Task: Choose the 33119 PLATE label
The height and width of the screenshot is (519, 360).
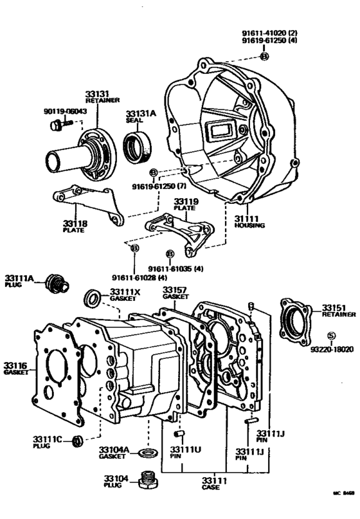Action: click(x=185, y=205)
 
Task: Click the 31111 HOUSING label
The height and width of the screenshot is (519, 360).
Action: click(x=248, y=223)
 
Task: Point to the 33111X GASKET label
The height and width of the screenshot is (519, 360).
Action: click(x=125, y=295)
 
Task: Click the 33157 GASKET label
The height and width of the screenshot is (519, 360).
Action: click(x=175, y=293)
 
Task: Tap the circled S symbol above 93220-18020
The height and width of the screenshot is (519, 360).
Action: click(x=332, y=335)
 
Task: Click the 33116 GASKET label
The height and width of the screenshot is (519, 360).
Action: click(x=16, y=369)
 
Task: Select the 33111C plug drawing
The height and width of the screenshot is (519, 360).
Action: click(x=77, y=441)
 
